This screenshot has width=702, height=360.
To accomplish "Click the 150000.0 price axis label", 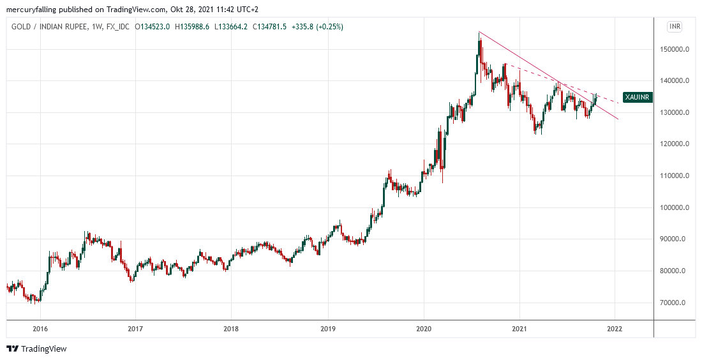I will coord(676,49).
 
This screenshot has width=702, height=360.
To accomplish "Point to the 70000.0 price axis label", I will coord(678,303).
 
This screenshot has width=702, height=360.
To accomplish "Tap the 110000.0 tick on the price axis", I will coord(676,176).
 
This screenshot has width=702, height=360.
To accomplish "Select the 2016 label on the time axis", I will coord(40,329).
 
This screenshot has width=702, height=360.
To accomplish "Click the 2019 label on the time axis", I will coord(327,329).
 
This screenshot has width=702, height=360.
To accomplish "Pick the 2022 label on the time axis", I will coord(615,329).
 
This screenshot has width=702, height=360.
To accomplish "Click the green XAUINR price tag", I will coord(637,97).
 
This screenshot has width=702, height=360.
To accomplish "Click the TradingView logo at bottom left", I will coord(36,349).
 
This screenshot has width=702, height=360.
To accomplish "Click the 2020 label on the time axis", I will coord(423,329).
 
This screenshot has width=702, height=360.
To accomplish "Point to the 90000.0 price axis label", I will coord(678,239).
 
